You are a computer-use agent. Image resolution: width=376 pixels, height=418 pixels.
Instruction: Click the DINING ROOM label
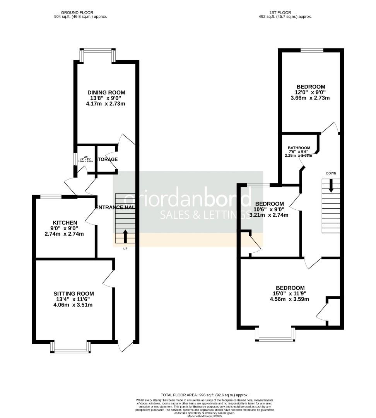click(106, 92)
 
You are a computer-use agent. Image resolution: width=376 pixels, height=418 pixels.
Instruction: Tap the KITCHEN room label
click(65, 223)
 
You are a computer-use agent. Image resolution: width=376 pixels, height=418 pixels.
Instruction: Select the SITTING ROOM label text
click(75, 294)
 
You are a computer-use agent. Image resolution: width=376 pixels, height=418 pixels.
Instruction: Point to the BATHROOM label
click(299, 148)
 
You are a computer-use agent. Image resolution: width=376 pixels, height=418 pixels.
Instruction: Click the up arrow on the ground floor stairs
click(125, 236)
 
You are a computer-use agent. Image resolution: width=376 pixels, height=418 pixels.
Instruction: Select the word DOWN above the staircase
click(331, 173)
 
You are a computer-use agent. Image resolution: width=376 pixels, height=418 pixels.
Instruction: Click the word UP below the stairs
click(125, 248)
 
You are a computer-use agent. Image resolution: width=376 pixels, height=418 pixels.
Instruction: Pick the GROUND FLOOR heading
click(79, 12)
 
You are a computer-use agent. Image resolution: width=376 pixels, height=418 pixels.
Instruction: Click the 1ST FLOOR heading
click(285, 12)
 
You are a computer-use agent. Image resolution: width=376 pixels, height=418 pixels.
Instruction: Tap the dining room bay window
click(97, 50)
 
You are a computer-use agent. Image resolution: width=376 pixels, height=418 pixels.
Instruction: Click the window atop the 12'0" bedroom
click(312, 50)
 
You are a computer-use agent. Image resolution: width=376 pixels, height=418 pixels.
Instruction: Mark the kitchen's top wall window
click(51, 197)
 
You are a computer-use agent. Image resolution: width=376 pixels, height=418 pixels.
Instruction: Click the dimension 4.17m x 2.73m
click(106, 104)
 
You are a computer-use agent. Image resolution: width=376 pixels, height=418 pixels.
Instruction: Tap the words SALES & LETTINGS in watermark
click(205, 215)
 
